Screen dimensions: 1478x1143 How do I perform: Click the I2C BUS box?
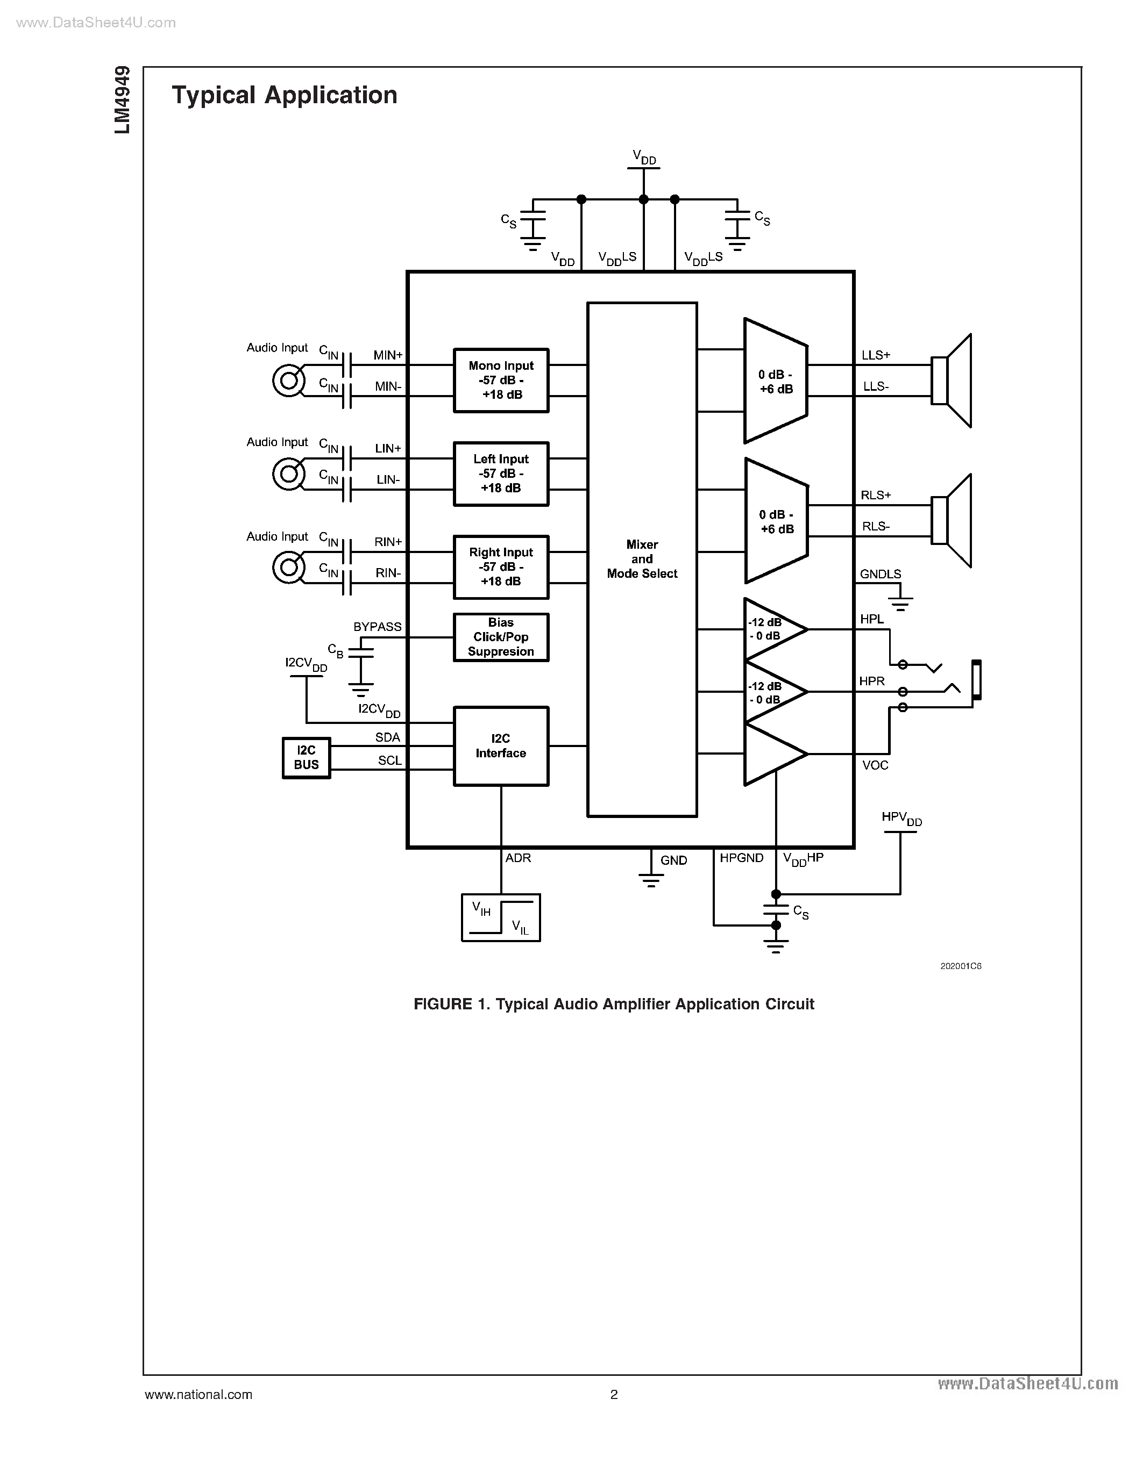306,758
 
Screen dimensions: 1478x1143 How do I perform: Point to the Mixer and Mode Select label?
642,559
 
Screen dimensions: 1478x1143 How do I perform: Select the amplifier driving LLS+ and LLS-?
775,381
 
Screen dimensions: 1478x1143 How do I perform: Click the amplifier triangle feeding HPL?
772,629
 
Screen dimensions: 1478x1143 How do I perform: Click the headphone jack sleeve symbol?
976,679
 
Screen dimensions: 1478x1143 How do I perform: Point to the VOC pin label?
875,765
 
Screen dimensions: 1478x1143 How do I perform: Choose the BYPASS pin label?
377,627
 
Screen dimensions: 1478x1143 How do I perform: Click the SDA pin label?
387,737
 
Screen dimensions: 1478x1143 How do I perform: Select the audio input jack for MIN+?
288,381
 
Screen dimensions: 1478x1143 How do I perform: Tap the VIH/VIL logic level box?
500,917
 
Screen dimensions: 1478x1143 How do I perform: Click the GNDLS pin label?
881,575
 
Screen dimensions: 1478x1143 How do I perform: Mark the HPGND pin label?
741,858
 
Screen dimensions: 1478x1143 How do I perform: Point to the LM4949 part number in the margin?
122,100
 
